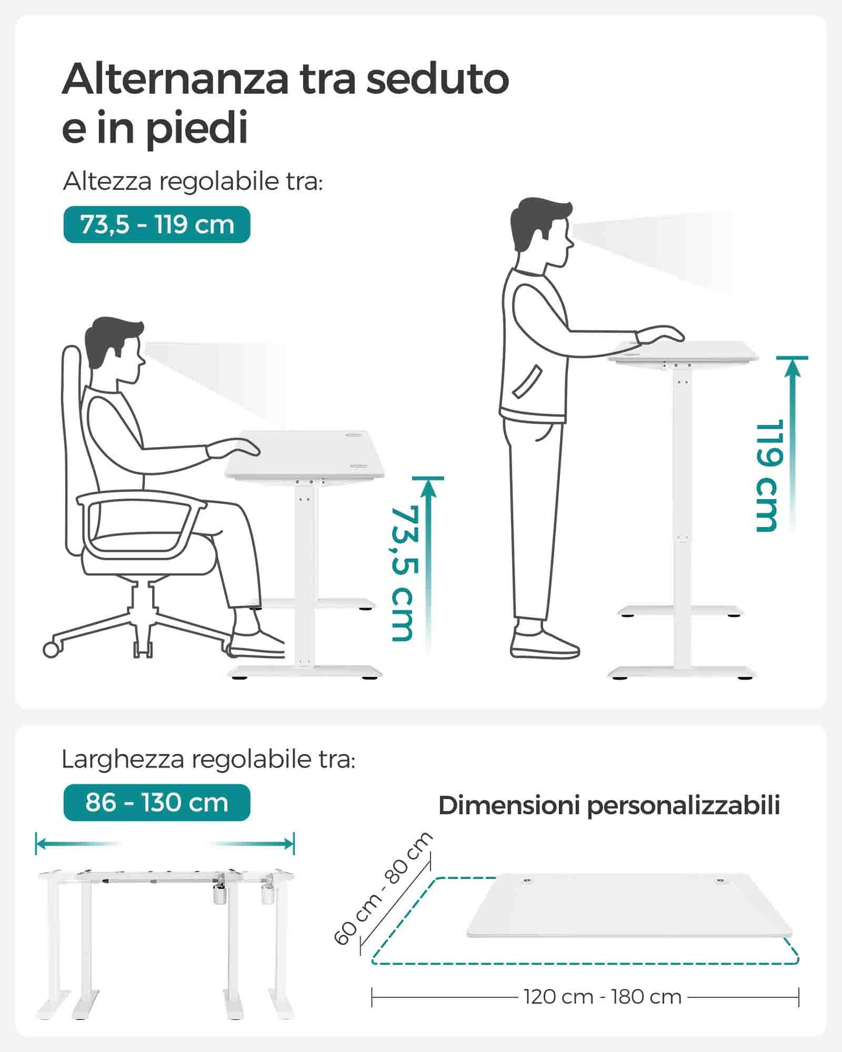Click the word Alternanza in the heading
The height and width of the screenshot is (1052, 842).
pyautogui.click(x=175, y=79)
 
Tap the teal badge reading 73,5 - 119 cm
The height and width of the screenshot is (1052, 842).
pyautogui.click(x=157, y=224)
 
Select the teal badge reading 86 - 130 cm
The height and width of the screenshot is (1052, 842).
pyautogui.click(x=157, y=802)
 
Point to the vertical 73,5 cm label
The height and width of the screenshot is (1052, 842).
pyautogui.click(x=404, y=573)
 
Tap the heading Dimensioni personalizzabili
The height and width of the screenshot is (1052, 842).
pyautogui.click(x=609, y=806)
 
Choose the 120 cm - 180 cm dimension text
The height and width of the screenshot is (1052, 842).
pyautogui.click(x=603, y=997)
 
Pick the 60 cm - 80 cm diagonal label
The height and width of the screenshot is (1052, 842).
pyautogui.click(x=383, y=888)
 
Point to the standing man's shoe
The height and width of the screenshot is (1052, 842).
pyautogui.click(x=544, y=644)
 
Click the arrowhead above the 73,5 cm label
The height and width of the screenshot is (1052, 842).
pyautogui.click(x=429, y=488)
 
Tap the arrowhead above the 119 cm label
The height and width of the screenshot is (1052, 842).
pyautogui.click(x=792, y=368)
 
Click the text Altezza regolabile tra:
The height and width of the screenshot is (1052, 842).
pyautogui.click(x=193, y=181)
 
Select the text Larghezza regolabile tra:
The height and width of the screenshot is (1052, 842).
pyautogui.click(x=208, y=760)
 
